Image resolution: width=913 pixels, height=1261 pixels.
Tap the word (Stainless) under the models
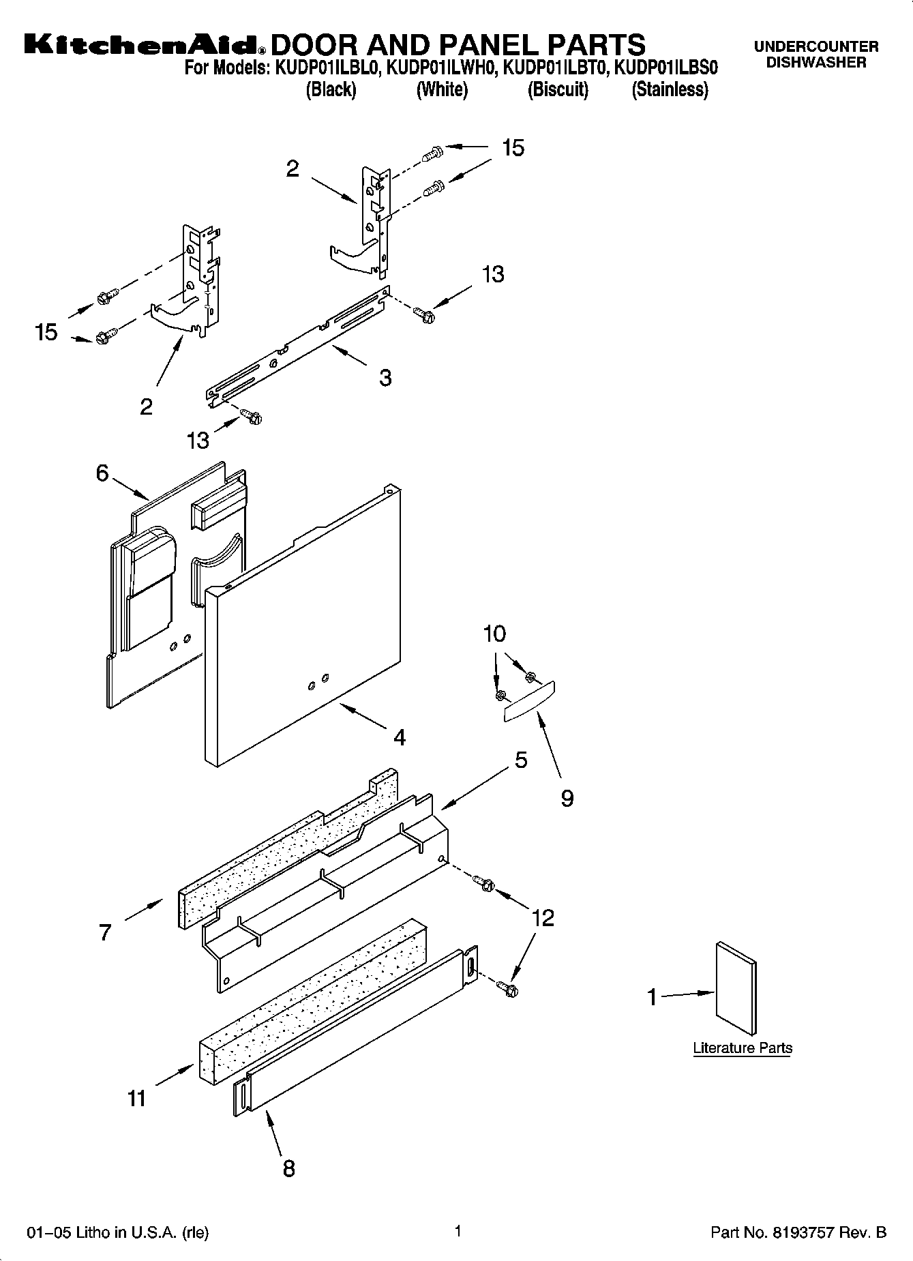coord(670,89)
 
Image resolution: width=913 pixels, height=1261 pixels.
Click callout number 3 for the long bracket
coord(385,378)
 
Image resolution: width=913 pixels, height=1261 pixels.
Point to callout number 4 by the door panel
coord(400,737)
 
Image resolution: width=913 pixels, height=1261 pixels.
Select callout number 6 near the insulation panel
coord(102,473)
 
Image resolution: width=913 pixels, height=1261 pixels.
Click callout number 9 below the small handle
coord(567,799)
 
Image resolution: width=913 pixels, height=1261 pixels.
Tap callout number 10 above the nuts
coord(494,634)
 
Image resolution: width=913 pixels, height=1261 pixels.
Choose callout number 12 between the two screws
coord(543,918)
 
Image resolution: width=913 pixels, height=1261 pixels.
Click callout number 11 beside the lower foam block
coord(136,1098)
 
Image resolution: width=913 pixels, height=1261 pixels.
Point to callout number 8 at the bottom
coord(288,1168)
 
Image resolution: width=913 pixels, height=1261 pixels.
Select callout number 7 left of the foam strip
coord(104,932)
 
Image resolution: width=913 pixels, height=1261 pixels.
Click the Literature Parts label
coord(743,1048)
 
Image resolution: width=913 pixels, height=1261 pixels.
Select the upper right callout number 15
coord(513,147)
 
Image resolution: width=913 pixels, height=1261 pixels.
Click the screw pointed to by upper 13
coord(423,314)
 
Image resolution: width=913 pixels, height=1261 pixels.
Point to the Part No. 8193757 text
coord(798,1232)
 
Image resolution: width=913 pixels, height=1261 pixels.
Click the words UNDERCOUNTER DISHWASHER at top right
coord(816,55)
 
